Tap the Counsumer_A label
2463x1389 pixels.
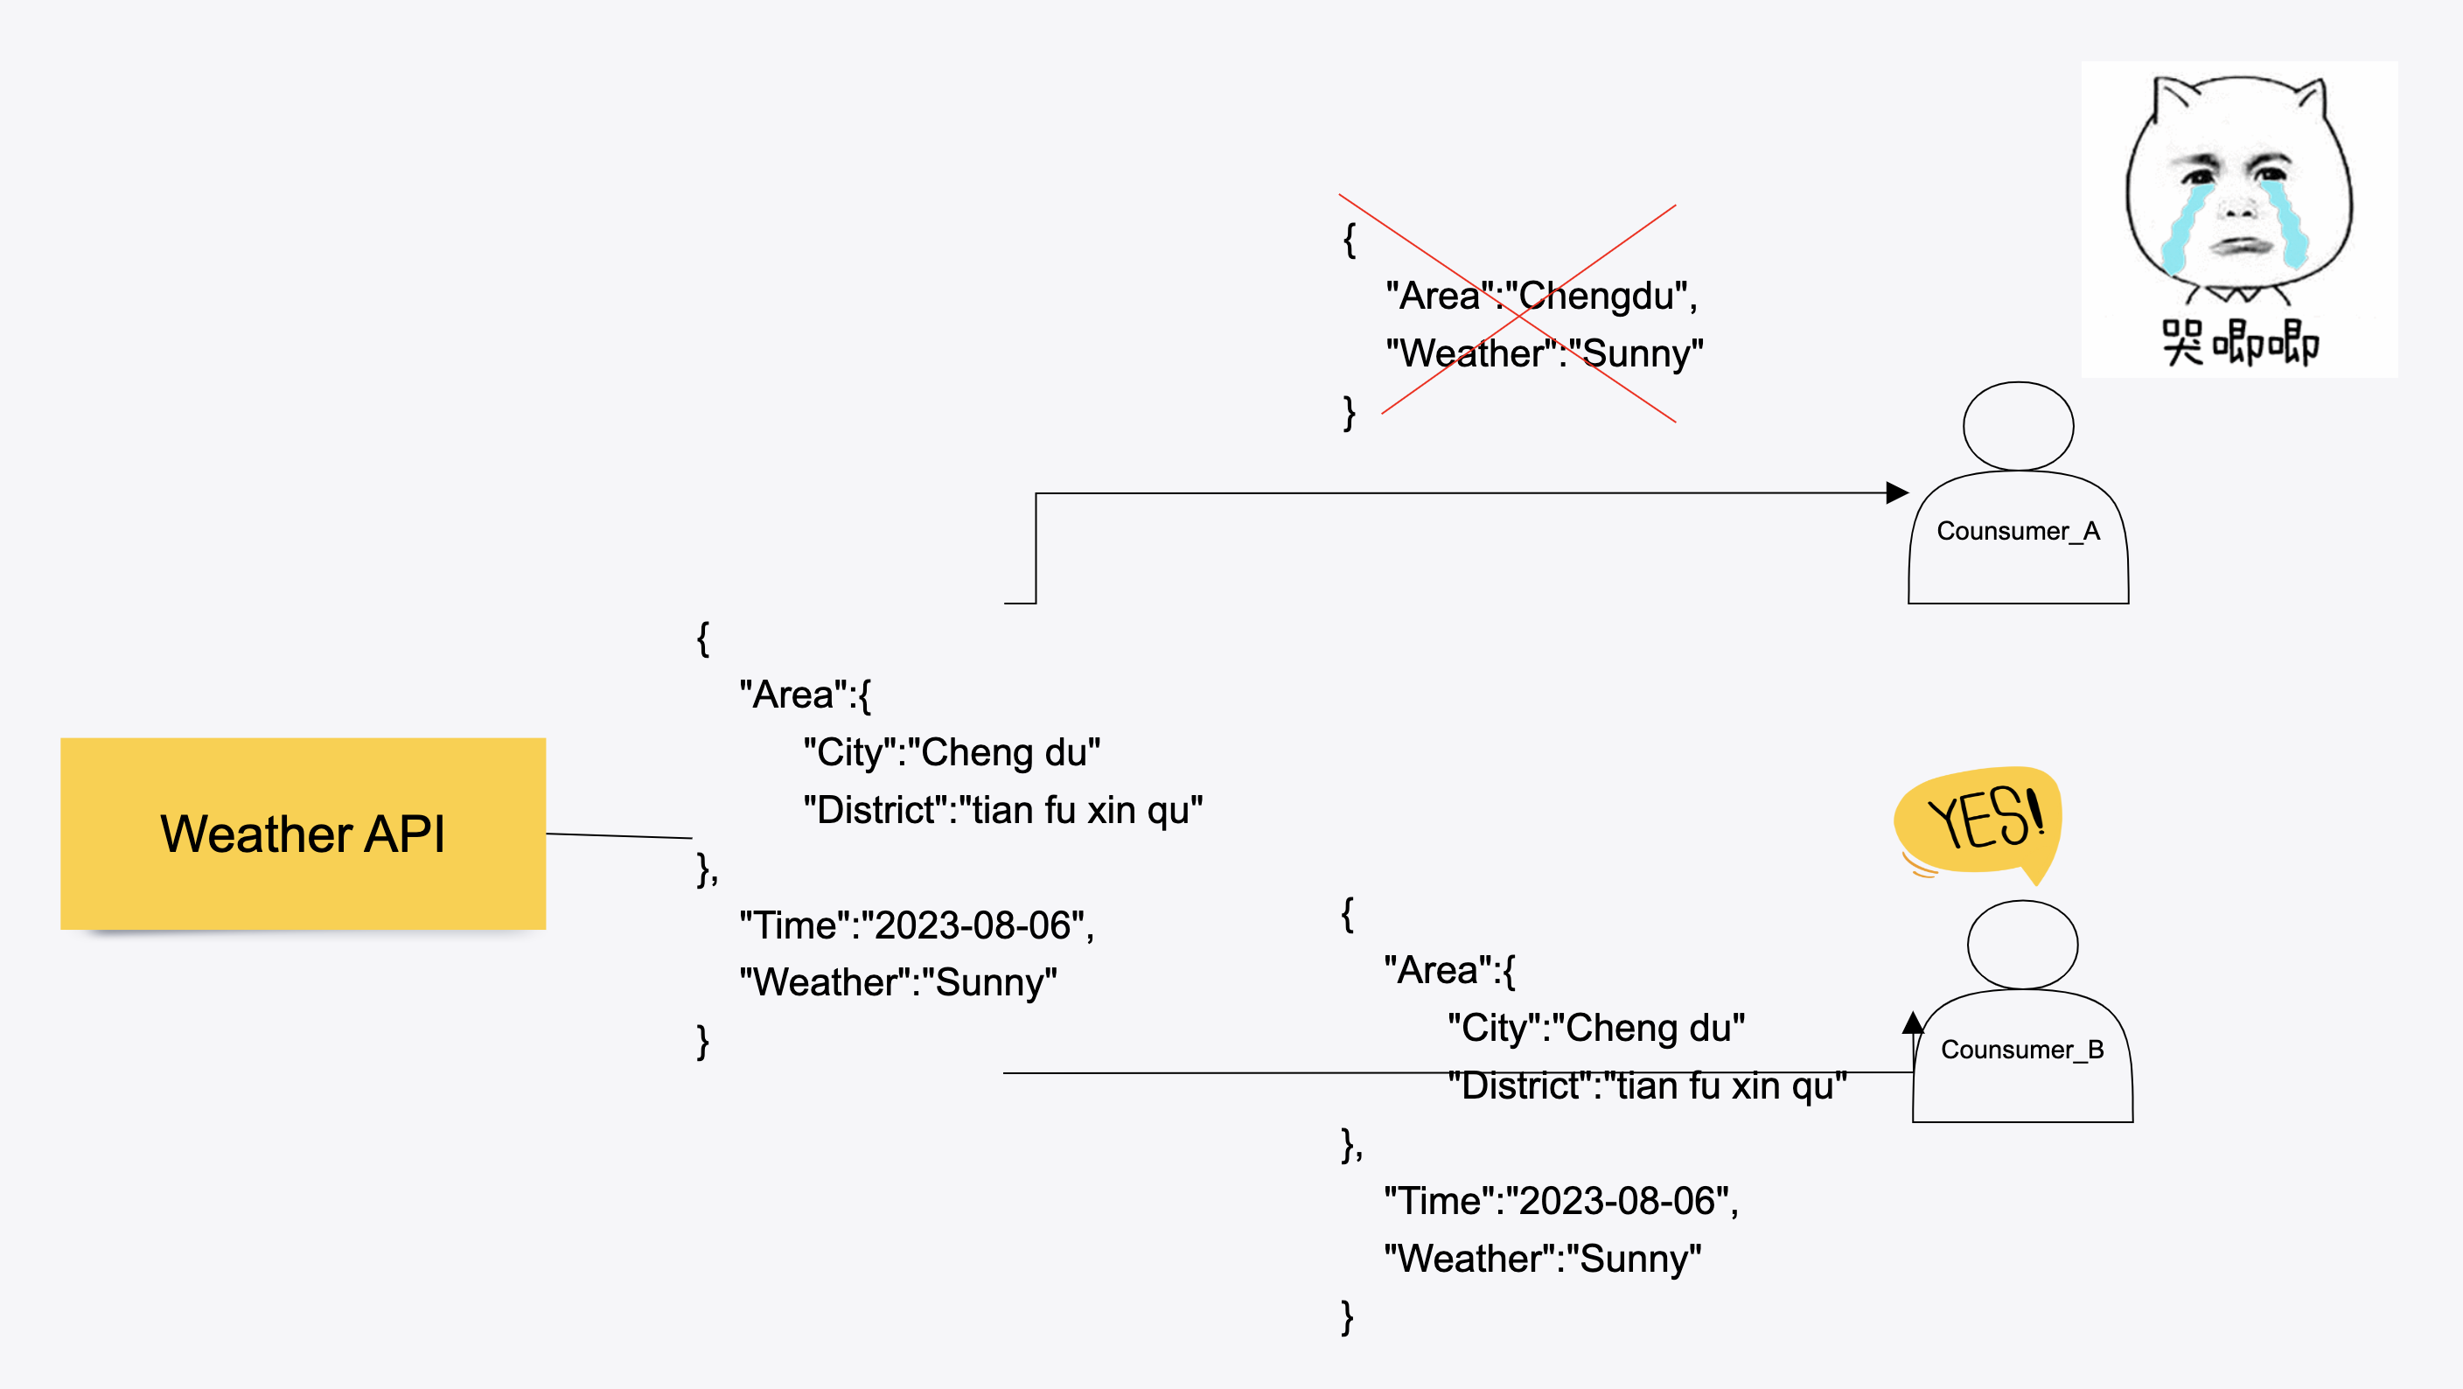2018,532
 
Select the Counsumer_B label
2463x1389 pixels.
2021,1050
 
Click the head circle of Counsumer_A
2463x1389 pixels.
2018,426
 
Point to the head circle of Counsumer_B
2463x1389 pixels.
2021,945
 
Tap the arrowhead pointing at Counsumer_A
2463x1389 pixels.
1897,493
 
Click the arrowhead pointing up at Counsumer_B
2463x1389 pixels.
1912,1024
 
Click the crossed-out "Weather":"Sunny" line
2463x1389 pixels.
1544,353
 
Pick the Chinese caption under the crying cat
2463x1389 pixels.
2239,342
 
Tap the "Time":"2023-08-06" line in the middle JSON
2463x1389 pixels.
916,925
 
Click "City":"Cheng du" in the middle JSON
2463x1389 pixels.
952,752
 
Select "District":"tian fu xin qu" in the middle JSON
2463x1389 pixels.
1002,811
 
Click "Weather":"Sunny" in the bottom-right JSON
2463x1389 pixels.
1542,1259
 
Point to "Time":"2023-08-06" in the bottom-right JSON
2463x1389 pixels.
1560,1201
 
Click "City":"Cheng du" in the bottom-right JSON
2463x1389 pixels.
1595,1029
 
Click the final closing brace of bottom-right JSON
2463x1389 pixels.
1346,1317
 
